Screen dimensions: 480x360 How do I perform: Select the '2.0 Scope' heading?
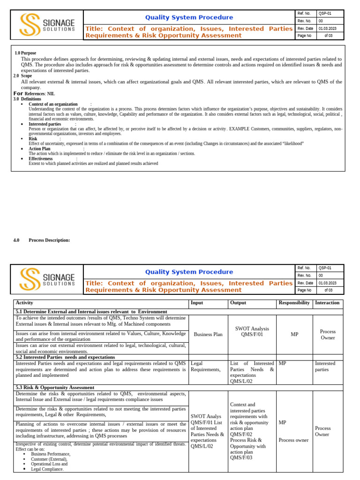22,75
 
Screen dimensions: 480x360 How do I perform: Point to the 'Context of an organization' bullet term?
53,104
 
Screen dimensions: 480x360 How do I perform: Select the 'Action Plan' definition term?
39,149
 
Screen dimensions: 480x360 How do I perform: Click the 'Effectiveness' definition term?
41,158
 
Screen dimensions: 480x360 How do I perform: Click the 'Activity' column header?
24,303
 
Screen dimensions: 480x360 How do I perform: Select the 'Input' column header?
197,303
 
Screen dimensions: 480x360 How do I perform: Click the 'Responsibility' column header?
294,303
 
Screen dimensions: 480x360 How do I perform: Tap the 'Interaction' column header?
327,303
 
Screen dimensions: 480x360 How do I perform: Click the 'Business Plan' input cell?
208,335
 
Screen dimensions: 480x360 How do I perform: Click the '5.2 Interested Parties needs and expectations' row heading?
65,357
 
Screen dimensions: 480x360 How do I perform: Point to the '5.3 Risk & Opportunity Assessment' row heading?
55,388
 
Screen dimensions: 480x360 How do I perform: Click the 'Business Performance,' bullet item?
51,454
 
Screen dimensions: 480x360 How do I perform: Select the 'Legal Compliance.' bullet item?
47,469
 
